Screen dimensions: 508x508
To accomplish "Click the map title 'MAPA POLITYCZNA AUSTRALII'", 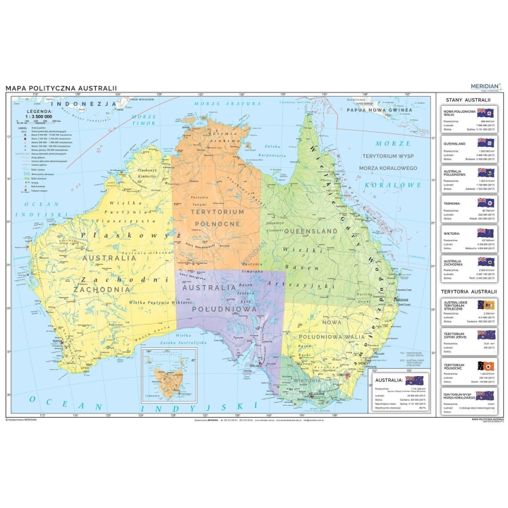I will [61, 88].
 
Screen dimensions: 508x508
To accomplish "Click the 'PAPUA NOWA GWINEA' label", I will [384, 110].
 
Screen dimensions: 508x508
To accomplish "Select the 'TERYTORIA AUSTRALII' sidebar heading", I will [468, 291].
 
